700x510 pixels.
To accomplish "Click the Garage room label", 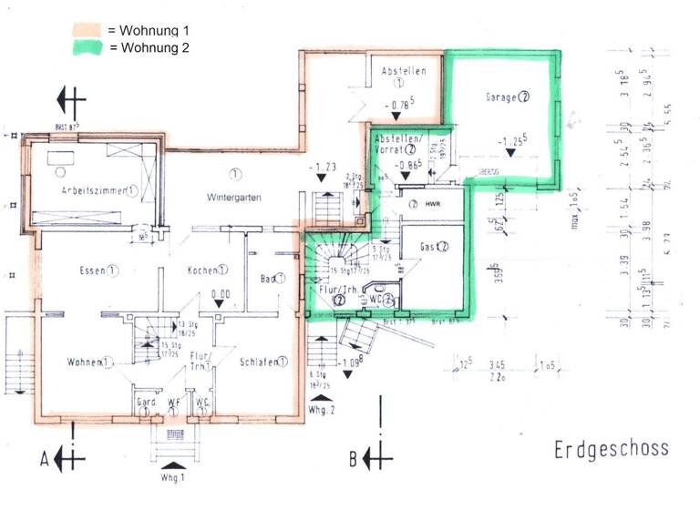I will point(502,96).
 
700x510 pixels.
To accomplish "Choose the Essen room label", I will point(95,270).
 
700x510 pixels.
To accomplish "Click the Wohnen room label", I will point(85,362).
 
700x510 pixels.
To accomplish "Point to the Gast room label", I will point(430,246).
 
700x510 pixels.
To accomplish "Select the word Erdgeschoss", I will point(610,449).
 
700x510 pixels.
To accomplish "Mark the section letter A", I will point(43,458).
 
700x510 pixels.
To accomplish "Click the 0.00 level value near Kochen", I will point(220,294).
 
